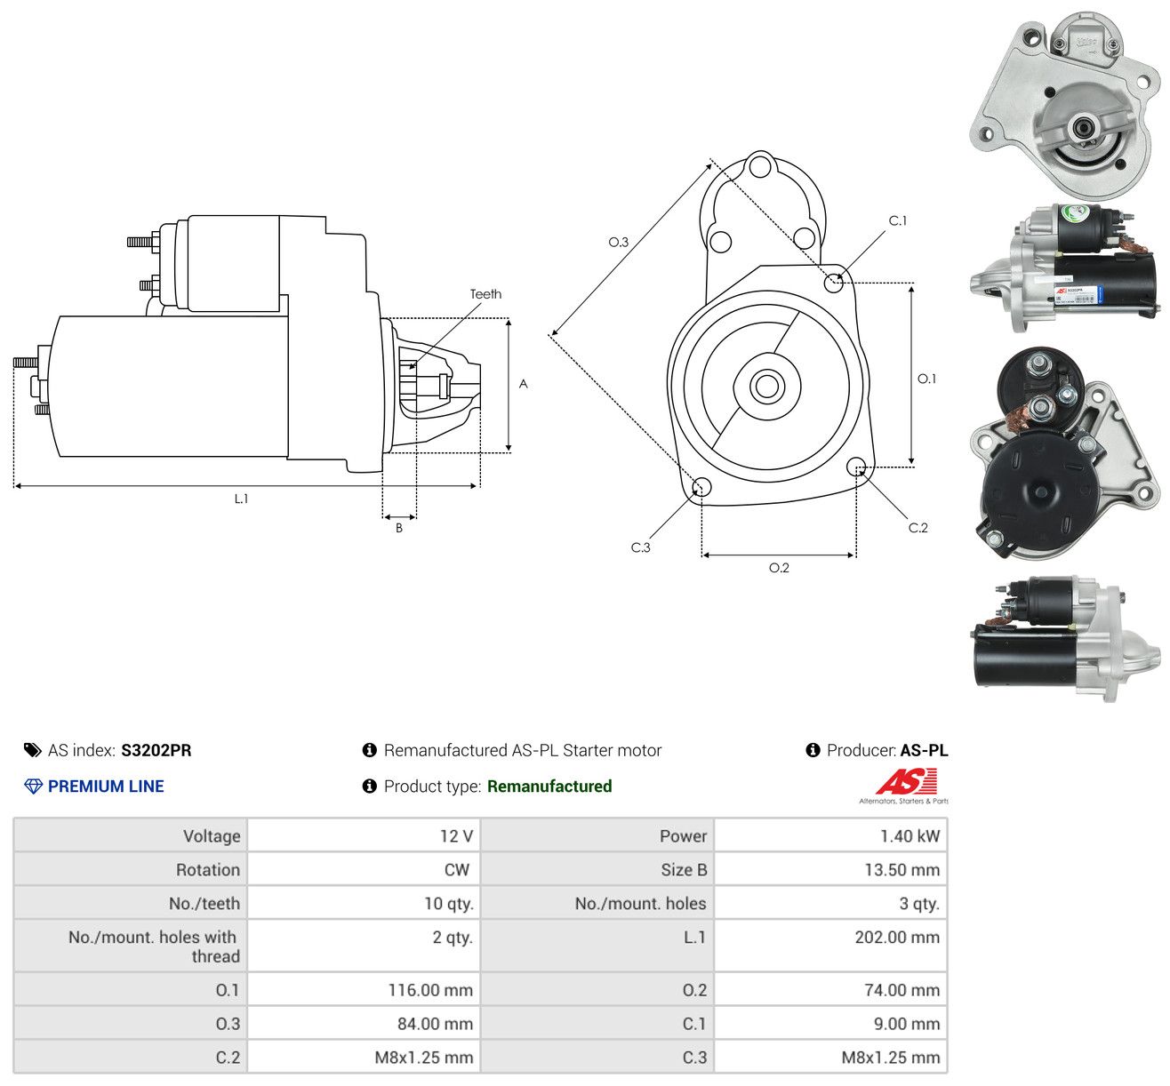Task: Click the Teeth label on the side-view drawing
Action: [485, 294]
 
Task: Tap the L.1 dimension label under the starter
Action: [241, 499]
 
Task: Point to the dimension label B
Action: [399, 528]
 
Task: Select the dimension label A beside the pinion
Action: [523, 384]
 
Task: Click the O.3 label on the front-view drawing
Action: [618, 242]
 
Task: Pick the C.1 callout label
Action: [897, 221]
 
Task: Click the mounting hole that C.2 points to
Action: [856, 467]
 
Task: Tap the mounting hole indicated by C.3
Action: [701, 487]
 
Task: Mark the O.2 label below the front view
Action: [778, 568]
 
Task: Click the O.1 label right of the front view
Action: [926, 379]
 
